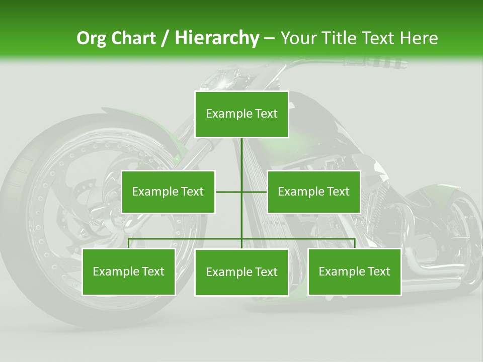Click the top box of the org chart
(242, 114)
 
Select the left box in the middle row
(168, 192)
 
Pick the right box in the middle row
(313, 192)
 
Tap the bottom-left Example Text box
(129, 271)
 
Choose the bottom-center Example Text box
(242, 272)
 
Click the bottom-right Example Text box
(354, 271)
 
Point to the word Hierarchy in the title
(216, 38)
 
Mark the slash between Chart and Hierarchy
(165, 38)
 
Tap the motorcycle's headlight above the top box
(221, 78)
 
